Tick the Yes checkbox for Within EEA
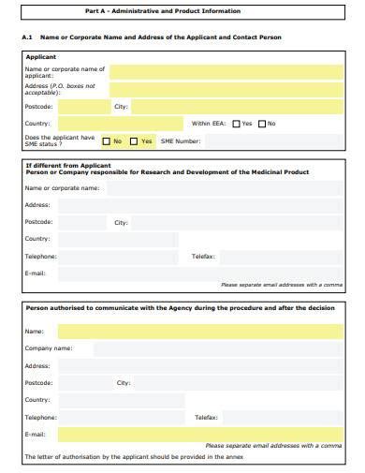[x=236, y=124]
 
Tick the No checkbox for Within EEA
[x=262, y=124]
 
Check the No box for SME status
[x=105, y=141]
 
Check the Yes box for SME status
[x=134, y=141]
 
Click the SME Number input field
[x=271, y=141]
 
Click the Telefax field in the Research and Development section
[x=281, y=256]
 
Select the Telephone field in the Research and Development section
[x=117, y=256]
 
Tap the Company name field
[x=215, y=348]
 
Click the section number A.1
[x=27, y=37]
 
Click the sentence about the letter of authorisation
[x=134, y=457]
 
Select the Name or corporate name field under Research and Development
[x=221, y=187]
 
